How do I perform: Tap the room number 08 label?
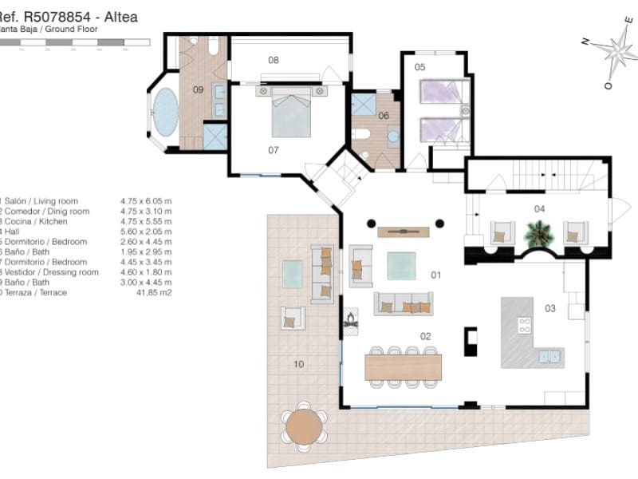pyautogui.click(x=274, y=60)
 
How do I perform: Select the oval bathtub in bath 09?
pyautogui.click(x=166, y=113)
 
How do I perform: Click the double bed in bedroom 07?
pyautogui.click(x=291, y=113)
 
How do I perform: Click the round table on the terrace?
pyautogui.click(x=304, y=426)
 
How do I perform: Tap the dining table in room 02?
pyautogui.click(x=403, y=367)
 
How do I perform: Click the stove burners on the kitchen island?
pyautogui.click(x=525, y=325)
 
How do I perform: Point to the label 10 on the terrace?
pyautogui.click(x=298, y=364)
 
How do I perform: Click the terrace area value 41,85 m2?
pyautogui.click(x=156, y=293)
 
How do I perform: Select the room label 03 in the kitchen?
pyautogui.click(x=549, y=308)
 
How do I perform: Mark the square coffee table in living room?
pyautogui.click(x=401, y=266)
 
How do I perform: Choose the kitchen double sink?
pyautogui.click(x=549, y=357)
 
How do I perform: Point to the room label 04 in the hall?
pyautogui.click(x=540, y=208)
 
